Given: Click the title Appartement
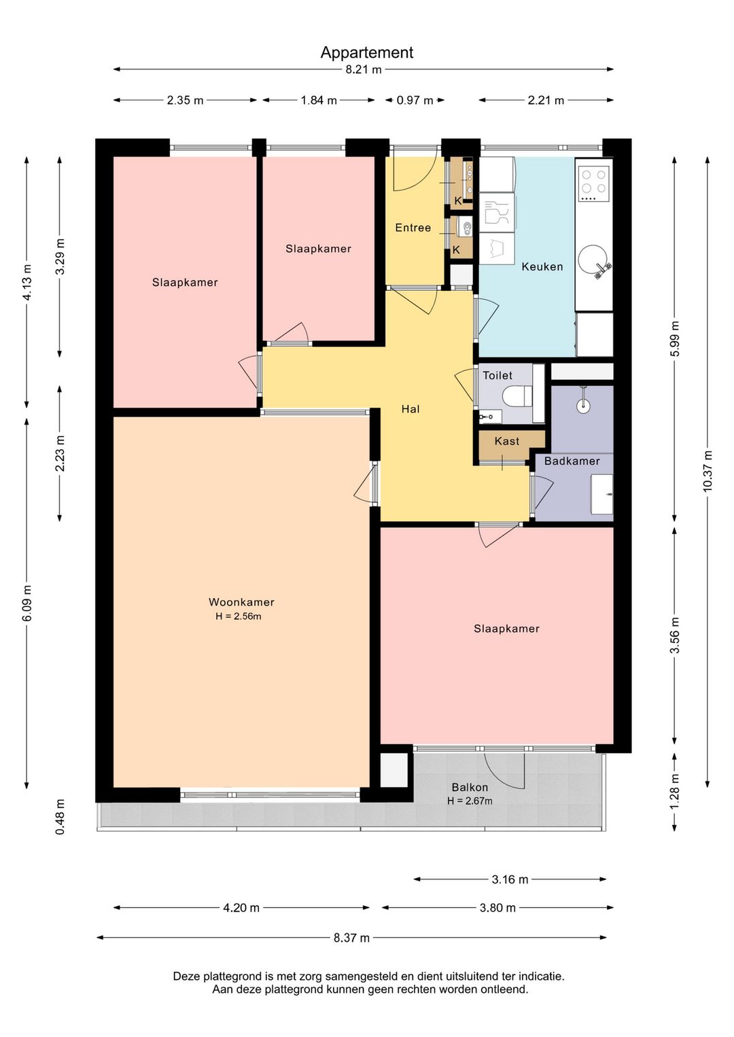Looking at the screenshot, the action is tap(367, 53).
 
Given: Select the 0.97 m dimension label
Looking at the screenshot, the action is tap(415, 101).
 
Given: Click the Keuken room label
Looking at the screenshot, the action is tap(542, 266).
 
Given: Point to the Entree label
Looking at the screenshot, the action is tap(413, 228).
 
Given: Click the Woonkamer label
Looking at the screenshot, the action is tap(241, 602).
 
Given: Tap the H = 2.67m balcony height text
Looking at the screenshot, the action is tap(470, 801).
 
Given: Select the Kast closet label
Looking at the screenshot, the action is tap(507, 441).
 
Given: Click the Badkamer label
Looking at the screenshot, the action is tap(572, 461).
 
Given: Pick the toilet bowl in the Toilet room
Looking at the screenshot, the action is tap(518, 395).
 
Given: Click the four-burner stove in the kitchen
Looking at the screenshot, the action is tap(594, 182).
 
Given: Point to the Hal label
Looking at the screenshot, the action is tap(410, 409).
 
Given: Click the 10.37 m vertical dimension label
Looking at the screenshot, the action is tap(707, 472).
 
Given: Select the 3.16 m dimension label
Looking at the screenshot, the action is tap(510, 879).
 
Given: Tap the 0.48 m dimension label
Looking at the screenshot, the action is tap(60, 817).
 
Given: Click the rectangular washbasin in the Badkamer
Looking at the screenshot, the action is tap(601, 494).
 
